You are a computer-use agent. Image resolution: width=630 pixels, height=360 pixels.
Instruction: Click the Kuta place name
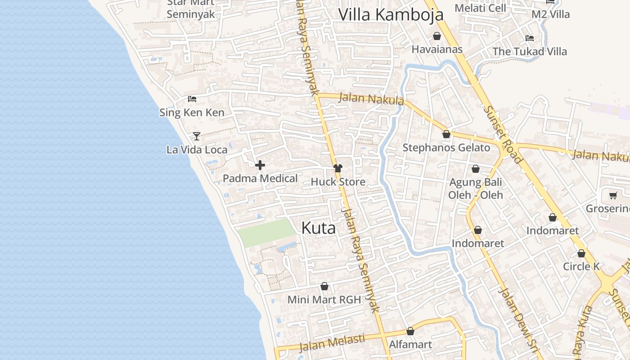[318, 228]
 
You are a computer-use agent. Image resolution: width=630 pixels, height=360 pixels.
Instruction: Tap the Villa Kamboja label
[391, 14]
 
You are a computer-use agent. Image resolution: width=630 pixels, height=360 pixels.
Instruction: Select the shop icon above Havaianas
[436, 36]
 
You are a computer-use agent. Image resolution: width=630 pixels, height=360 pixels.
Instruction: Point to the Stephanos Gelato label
[446, 148]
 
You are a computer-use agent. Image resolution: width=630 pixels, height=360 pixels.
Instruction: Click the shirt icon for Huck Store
[337, 168]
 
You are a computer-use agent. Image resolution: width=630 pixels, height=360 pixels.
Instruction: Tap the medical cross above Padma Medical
[260, 165]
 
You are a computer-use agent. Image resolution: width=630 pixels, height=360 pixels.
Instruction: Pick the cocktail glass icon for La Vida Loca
[196, 136]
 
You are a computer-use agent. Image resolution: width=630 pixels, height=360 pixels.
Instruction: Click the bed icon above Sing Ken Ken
[192, 99]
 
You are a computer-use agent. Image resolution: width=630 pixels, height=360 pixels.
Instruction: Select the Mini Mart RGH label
[324, 299]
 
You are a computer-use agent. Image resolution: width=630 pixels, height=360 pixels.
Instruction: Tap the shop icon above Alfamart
[410, 331]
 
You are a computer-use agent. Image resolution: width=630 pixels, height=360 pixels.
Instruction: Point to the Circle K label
[581, 266]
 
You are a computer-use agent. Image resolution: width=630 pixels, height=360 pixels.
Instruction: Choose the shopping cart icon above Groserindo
[612, 195]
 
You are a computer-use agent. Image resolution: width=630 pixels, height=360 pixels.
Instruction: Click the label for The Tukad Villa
[530, 51]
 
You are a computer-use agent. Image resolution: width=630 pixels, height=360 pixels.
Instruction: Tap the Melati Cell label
[480, 8]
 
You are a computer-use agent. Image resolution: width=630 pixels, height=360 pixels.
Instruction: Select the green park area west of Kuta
[266, 232]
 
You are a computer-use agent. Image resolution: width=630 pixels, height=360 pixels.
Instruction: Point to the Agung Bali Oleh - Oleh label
[475, 189]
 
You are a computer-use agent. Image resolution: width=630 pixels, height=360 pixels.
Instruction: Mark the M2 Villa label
[550, 14]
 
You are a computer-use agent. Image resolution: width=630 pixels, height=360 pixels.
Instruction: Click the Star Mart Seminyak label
[191, 9]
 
